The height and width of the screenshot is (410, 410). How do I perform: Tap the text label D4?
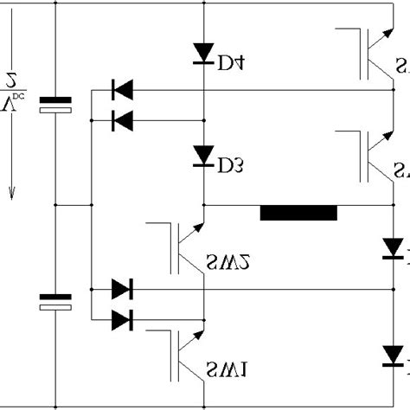coord(230,62)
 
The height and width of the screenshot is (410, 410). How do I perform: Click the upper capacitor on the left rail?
coord(56,106)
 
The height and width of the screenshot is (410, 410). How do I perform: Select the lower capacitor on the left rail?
coord(56,300)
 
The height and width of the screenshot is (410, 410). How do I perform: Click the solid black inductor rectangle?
coord(298,213)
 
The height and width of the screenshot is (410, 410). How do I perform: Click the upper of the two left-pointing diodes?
coord(122,88)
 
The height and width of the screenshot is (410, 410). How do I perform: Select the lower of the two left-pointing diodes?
coord(122,121)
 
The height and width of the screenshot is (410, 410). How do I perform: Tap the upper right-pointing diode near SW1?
coord(122,290)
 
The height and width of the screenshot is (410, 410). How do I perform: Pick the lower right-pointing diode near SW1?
coord(122,321)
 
